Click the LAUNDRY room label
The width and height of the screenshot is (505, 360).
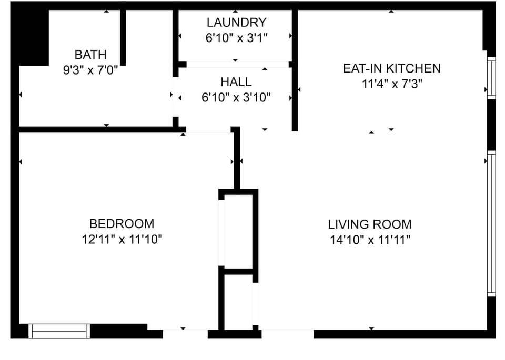pyautogui.click(x=236, y=23)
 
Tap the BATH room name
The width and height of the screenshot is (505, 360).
pyautogui.click(x=90, y=55)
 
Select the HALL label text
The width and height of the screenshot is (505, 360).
pyautogui.click(x=236, y=82)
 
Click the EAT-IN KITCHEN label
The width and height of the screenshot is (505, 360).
pyautogui.click(x=391, y=68)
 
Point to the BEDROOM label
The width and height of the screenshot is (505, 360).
pyautogui.click(x=122, y=224)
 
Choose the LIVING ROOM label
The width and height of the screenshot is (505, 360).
pyautogui.click(x=369, y=224)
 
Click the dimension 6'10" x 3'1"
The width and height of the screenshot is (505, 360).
pyautogui.click(x=236, y=38)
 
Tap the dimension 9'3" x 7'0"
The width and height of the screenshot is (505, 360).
pyautogui.click(x=90, y=70)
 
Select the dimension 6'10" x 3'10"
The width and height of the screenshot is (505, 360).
pyautogui.click(x=236, y=97)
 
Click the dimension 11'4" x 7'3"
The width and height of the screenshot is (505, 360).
pyautogui.click(x=391, y=84)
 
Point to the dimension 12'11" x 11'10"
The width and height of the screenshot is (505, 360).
pyautogui.click(x=122, y=240)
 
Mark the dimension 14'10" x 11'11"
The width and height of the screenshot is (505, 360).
pyautogui.click(x=369, y=240)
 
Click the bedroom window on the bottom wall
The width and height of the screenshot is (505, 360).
pyautogui.click(x=59, y=331)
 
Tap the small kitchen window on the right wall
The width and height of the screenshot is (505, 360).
pyautogui.click(x=491, y=78)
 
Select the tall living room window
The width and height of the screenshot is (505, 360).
pyautogui.click(x=491, y=223)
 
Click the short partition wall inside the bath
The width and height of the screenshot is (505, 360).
pyautogui.click(x=123, y=37)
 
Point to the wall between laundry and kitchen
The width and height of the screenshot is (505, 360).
pyautogui.click(x=295, y=68)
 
